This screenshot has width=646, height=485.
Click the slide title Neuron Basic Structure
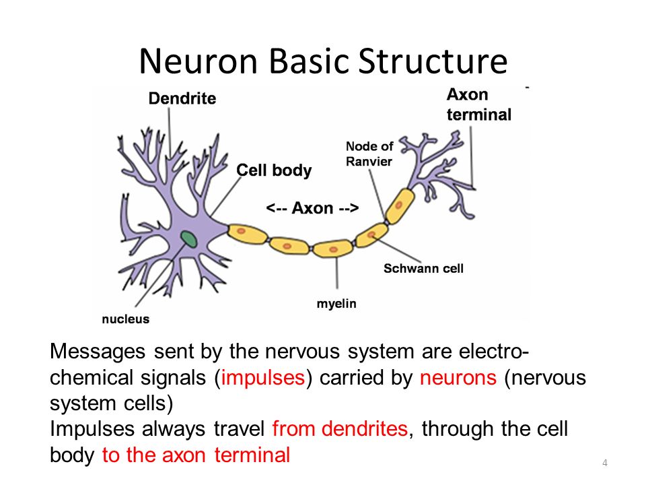(322, 61)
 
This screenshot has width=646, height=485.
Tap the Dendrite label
(182, 99)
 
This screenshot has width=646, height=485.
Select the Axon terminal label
(478, 104)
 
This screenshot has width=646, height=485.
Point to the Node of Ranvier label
(369, 154)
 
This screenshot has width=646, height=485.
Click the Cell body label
(274, 170)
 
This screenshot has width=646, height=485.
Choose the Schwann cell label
(423, 269)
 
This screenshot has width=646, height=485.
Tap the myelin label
(336, 304)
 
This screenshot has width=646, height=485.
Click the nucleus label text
(126, 319)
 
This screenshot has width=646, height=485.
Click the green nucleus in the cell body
(188, 238)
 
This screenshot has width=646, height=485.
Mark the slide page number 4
(606, 462)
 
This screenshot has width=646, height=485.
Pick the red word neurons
(458, 378)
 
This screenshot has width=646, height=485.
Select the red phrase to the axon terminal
(196, 455)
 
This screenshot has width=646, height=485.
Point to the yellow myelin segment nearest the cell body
(247, 234)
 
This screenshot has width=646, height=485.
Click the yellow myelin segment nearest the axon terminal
(403, 201)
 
